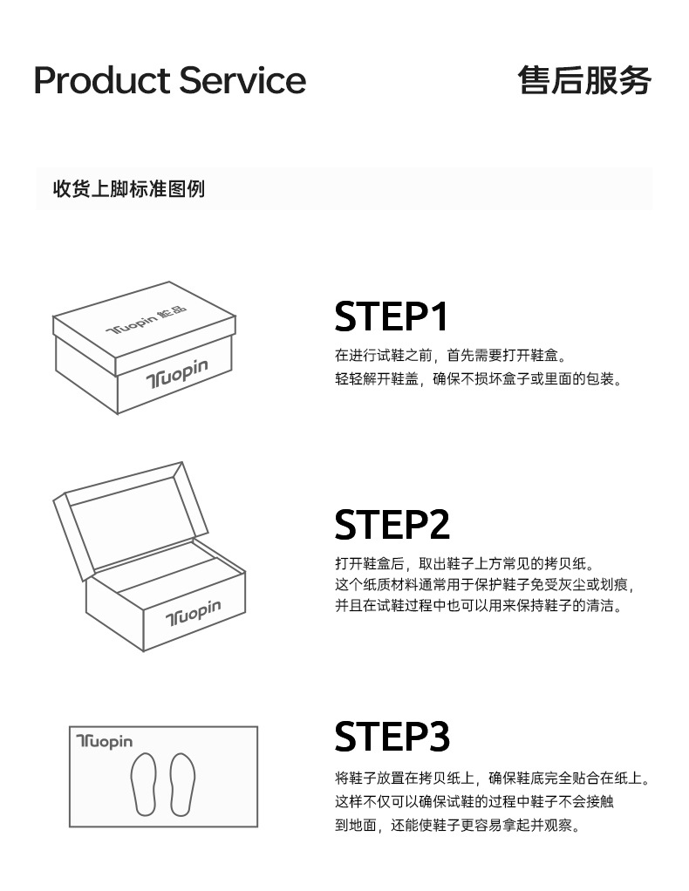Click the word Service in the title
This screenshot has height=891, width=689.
coord(242,80)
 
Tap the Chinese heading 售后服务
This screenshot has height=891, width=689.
coord(584,80)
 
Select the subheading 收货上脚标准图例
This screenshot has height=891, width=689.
coord(129,188)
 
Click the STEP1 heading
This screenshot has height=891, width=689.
coord(391,316)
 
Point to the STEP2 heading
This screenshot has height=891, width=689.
coord(392,525)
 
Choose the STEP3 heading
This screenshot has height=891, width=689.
coord(392,737)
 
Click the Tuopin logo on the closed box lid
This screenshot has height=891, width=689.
coord(147,321)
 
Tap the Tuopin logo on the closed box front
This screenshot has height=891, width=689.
coord(177,373)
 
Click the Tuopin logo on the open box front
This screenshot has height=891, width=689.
coord(193,613)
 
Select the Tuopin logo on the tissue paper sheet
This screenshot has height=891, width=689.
coord(104,741)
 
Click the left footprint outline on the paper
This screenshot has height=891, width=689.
coord(144,784)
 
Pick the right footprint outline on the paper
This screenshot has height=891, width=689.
coord(182,784)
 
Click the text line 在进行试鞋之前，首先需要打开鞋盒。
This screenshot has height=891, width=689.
coord(451,356)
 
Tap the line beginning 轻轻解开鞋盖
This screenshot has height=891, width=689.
coord(479,379)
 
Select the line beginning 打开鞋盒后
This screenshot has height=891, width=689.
coord(465,564)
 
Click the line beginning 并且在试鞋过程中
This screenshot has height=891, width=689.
coord(479,606)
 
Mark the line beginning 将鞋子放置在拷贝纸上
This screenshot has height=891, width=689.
coord(492,778)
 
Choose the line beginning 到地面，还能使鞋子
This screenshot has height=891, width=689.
coord(458,825)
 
